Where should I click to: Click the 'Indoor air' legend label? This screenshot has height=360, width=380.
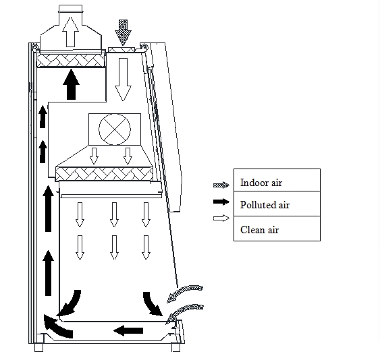coord(261,183)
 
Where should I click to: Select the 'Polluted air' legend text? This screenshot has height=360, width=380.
coord(265,205)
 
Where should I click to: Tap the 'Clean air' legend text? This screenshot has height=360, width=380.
coord(259,230)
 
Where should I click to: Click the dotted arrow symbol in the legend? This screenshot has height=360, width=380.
coord(221,185)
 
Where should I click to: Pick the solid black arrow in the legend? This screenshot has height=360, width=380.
coord(221,202)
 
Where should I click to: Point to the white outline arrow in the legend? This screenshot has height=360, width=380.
coord(221,218)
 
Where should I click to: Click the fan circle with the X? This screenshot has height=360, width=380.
coord(115,129)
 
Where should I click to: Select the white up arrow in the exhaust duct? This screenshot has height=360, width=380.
coord(70,32)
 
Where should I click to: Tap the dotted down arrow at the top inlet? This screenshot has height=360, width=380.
coord(123,32)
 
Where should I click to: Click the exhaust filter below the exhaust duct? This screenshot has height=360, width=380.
coord(70,61)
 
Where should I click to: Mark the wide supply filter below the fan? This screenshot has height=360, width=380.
coord(104,174)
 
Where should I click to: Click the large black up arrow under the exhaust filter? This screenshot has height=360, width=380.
coord(71,84)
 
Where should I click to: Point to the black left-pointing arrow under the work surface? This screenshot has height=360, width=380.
coord(128,330)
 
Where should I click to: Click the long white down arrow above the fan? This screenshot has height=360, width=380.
coord(123,80)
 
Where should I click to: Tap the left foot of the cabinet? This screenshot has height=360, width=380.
coord(38,347)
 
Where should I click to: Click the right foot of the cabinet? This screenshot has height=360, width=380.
coord(176,347)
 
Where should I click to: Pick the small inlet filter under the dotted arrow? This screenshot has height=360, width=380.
coord(121,50)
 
